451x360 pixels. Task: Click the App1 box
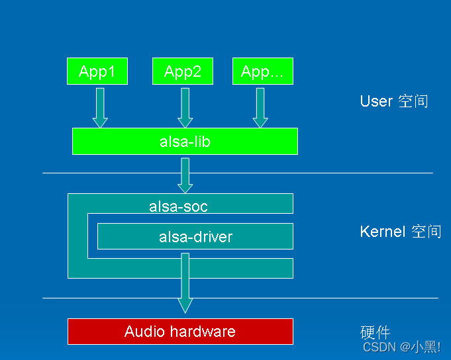[97, 71]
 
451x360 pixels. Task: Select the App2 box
[183, 71]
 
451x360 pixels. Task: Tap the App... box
[262, 71]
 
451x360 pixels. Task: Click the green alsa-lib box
[185, 142]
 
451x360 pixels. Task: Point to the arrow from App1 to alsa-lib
[100, 107]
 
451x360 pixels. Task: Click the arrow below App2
[185, 107]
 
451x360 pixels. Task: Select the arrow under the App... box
[260, 107]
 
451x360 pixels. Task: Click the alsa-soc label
[178, 206]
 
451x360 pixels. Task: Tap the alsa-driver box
[195, 236]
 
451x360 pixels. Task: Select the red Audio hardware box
[180, 332]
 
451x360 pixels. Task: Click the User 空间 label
[394, 101]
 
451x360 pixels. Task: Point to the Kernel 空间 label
[400, 232]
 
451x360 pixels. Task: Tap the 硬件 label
[375, 333]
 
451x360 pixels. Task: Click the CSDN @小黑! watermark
[402, 347]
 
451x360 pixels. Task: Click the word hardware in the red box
[203, 332]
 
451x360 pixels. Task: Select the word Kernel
[382, 232]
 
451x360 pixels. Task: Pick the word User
[376, 101]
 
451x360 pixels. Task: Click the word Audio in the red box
[144, 332]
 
